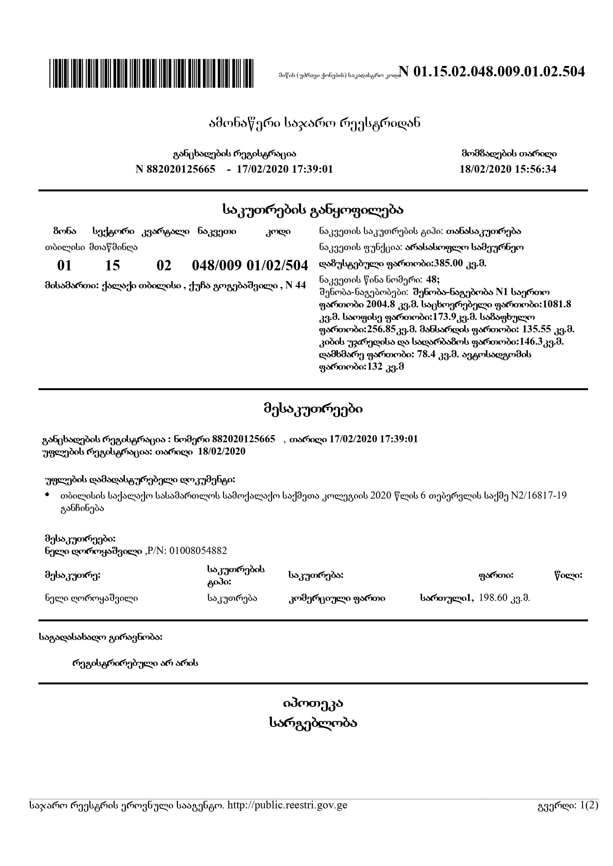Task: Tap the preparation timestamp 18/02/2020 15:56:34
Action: (508, 169)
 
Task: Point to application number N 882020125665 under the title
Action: (175, 169)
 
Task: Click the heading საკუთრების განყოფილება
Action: (313, 210)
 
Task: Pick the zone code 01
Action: (64, 266)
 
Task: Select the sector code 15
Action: (112, 266)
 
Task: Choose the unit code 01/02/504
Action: (277, 266)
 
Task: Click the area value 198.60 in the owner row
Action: (493, 598)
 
